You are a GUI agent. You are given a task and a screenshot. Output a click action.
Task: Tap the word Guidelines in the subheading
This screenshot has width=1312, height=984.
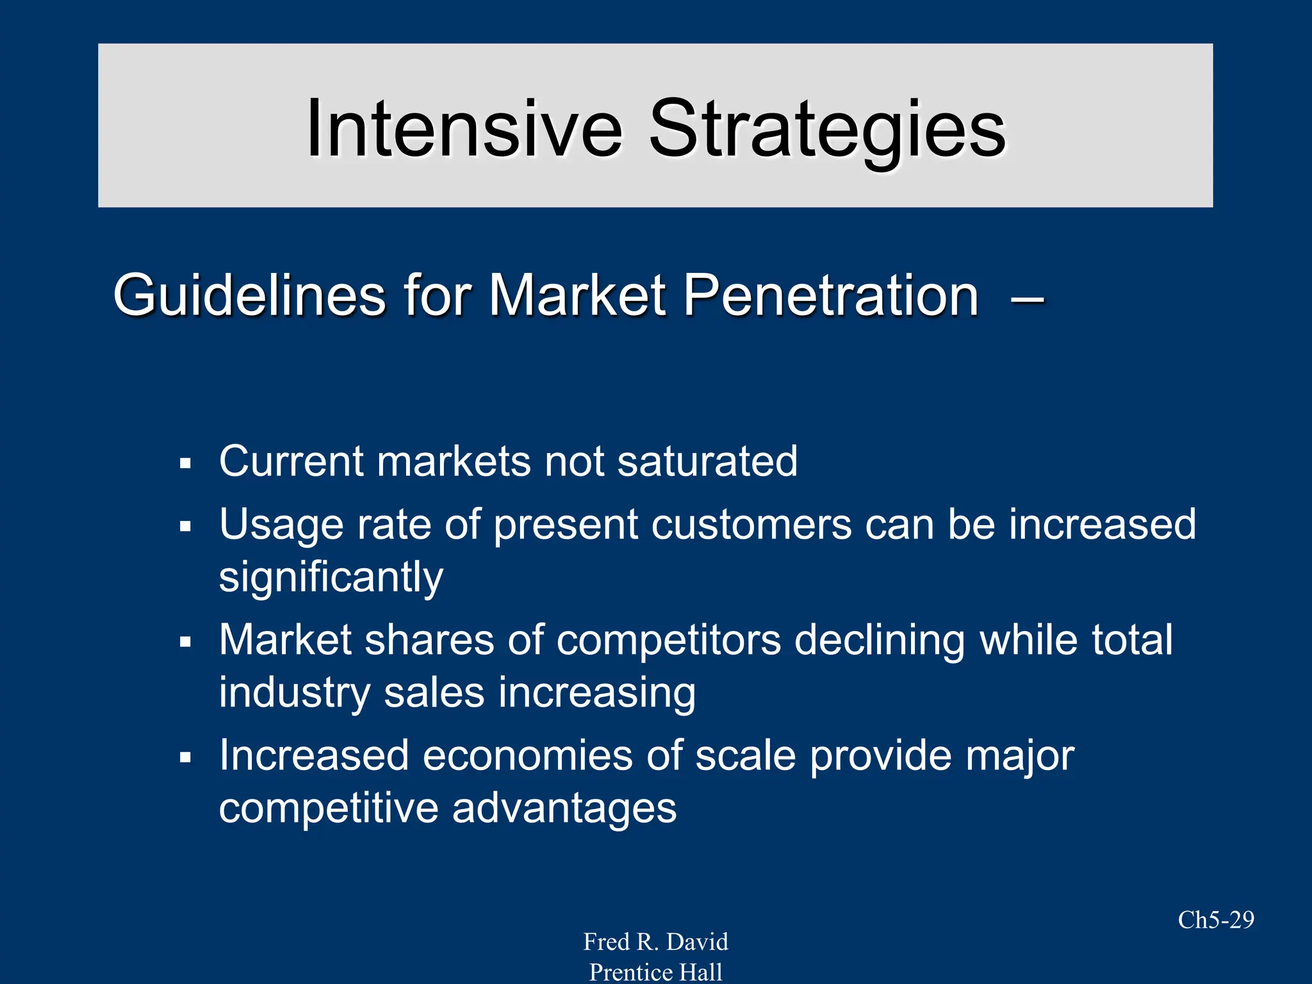tap(249, 295)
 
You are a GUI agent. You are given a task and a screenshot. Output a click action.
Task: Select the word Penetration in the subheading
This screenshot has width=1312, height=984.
tap(830, 295)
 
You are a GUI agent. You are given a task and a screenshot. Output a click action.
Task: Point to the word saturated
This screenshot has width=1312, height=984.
tap(707, 461)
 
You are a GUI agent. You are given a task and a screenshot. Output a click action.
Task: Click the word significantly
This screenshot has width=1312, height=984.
tap(331, 578)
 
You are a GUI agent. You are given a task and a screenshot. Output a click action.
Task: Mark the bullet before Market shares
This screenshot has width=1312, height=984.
tap(186, 642)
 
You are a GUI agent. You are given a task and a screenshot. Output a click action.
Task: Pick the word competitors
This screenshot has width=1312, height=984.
tap(669, 641)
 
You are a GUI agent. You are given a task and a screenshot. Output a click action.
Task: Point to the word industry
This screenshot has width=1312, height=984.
tap(295, 693)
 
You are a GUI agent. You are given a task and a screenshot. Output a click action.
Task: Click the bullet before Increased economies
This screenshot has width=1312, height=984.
tap(186, 758)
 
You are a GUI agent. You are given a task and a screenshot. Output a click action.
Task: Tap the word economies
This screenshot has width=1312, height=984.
tap(527, 756)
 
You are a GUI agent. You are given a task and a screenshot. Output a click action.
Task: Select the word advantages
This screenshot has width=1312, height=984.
tap(564, 808)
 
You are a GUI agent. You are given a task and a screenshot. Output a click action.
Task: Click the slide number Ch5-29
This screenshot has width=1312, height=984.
tap(1215, 920)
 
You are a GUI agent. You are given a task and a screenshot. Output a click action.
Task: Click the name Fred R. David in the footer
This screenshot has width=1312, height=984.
tap(655, 942)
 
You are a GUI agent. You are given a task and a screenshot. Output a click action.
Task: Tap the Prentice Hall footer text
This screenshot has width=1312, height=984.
tap(655, 972)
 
